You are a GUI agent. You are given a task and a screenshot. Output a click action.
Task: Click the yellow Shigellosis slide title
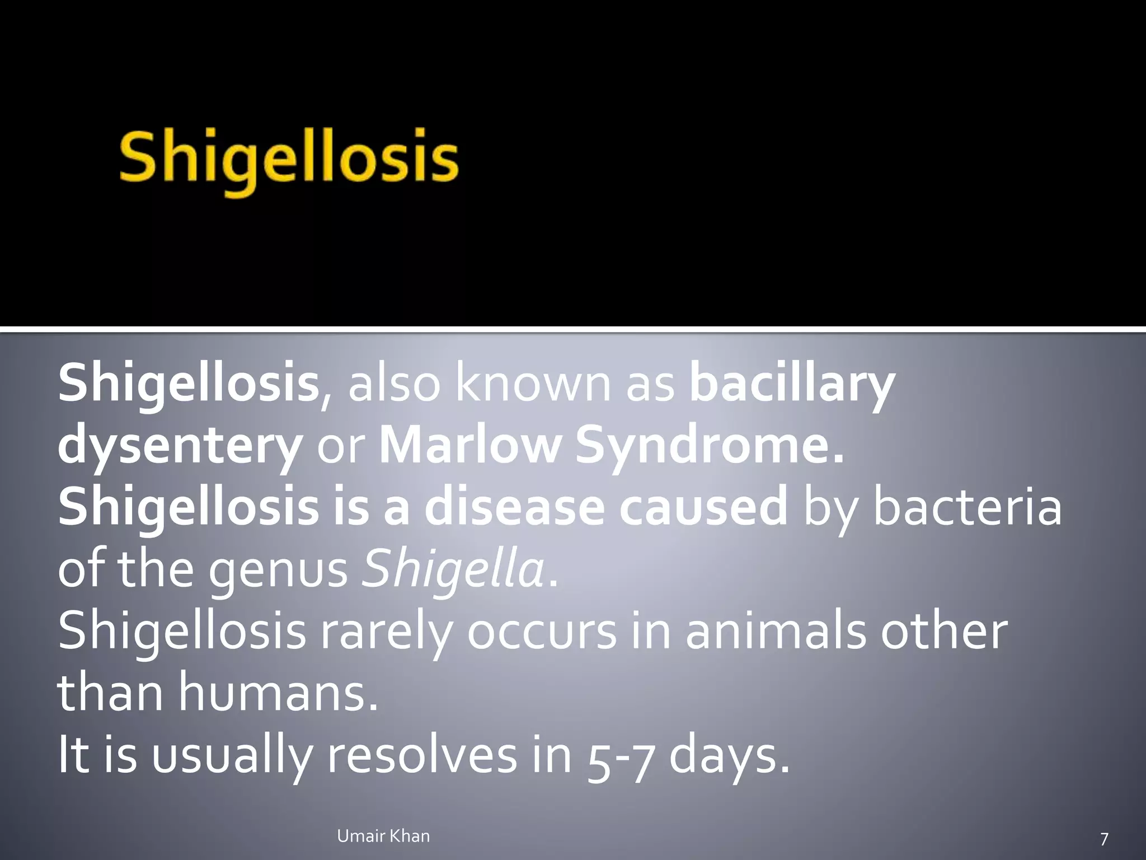pos(288,160)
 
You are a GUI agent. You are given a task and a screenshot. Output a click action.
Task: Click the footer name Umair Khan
pos(383,836)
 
